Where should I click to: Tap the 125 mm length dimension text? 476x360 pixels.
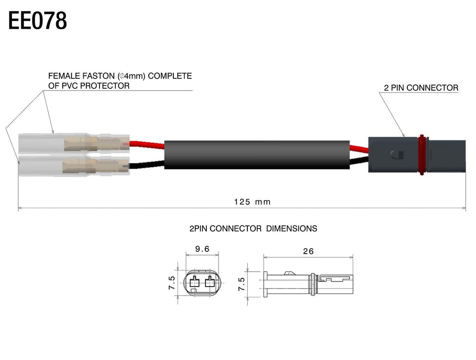click(x=252, y=202)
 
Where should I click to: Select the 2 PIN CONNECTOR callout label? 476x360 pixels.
click(x=421, y=88)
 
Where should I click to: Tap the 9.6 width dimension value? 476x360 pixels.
click(x=202, y=249)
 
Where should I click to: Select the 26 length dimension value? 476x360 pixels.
click(x=308, y=251)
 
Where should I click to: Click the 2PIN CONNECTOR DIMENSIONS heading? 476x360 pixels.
click(x=253, y=229)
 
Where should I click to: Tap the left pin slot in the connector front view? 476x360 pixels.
click(x=194, y=281)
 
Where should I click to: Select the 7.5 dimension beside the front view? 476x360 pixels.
click(x=172, y=283)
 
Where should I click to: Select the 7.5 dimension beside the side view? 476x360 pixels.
click(x=241, y=283)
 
